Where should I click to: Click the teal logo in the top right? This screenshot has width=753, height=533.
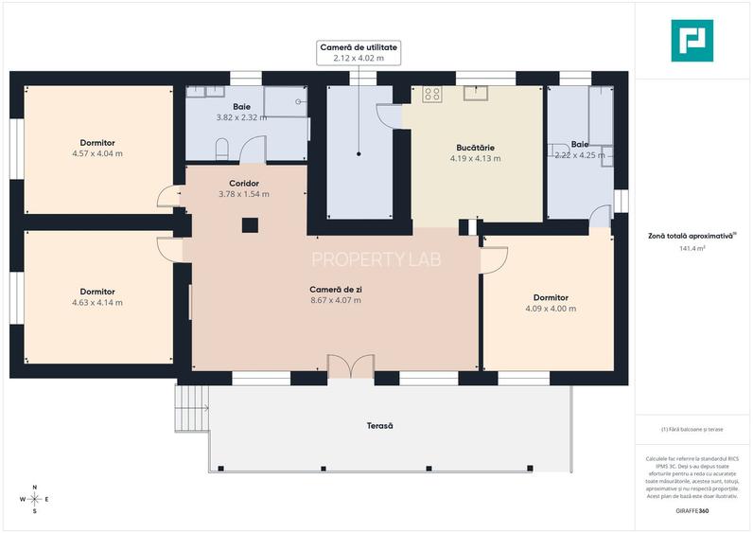pos(692,40)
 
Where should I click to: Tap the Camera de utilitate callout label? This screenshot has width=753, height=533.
pos(359,52)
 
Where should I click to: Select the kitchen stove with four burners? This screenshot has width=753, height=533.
pos(432,93)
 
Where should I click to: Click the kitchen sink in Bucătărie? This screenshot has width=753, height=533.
pos(474,92)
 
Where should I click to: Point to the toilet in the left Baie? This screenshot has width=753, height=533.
pos(222,149)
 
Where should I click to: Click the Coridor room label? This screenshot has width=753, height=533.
pos(244,183)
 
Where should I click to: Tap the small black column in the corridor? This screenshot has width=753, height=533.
pos(250,224)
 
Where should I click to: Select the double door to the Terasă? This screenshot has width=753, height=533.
pos(344,367)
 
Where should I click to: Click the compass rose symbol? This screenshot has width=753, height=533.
pos(35,499)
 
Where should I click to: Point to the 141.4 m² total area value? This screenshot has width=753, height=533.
pos(692,249)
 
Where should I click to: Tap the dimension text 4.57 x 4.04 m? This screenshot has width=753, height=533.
pos(97,153)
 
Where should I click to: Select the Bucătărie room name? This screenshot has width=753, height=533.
pos(473,148)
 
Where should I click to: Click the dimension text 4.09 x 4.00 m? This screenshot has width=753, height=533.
pos(551,309)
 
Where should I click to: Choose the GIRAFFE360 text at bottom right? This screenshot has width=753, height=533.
pos(692,511)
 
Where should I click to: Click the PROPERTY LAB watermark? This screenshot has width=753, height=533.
pos(376,258)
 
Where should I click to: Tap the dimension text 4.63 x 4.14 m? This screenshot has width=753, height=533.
pos(97,303)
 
